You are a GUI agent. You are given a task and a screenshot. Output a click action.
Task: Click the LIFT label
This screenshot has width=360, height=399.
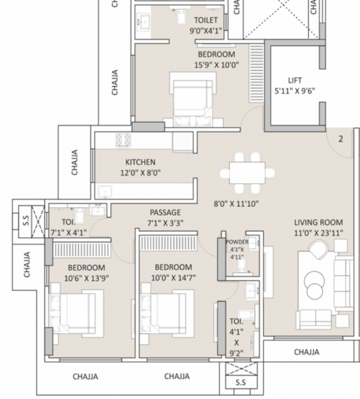click(x=296, y=80)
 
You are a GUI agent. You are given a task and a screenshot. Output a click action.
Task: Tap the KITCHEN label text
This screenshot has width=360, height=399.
click(x=140, y=162)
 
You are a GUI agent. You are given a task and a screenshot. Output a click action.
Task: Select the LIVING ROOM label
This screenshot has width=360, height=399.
click(x=319, y=222)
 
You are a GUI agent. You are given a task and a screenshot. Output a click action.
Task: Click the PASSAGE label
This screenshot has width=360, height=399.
click(x=165, y=212)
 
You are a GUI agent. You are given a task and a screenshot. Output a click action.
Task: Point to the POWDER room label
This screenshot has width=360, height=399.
click(x=236, y=242)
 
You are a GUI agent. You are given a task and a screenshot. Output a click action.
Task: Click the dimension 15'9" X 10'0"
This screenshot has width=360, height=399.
click(x=215, y=65)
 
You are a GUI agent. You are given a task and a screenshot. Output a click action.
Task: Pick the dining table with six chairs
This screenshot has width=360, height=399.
click(x=246, y=170)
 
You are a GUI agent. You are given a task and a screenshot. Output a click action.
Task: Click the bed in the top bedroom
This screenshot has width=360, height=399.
click(x=192, y=96)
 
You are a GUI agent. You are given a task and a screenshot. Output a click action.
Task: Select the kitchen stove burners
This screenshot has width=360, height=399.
click(x=124, y=140)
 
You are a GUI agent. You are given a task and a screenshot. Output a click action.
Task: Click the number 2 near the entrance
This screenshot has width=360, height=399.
click(x=340, y=139)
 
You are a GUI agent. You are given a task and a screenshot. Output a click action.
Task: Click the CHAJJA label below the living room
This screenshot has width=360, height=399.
click(x=306, y=352)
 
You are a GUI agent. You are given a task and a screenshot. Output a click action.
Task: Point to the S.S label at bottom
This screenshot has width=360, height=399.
click(x=240, y=383)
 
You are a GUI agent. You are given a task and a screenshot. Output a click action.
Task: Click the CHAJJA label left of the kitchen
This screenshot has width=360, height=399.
click(x=74, y=162)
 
